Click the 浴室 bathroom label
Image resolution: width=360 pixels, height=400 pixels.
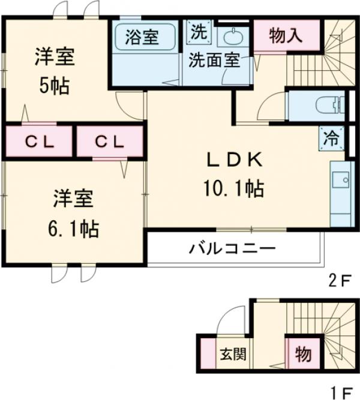(x=142, y=37)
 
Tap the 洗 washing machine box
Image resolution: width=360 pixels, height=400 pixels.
(x=198, y=32)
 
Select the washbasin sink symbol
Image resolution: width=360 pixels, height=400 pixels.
(x=232, y=38)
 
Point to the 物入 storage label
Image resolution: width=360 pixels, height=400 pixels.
(x=285, y=37)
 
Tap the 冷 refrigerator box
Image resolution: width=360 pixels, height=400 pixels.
(x=332, y=137)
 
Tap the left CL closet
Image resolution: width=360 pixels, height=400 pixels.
(x=40, y=142)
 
